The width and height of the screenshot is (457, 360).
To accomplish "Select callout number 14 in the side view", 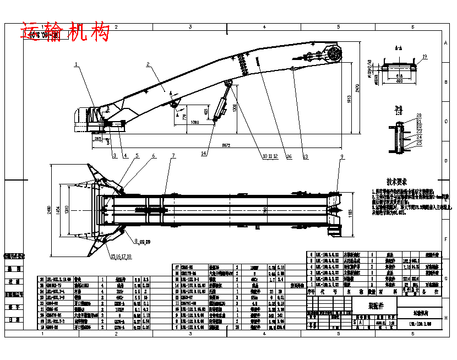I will click(204, 153).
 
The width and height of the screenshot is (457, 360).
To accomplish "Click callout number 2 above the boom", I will click(148, 65).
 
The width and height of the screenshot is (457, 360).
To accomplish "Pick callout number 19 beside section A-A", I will click(425, 57).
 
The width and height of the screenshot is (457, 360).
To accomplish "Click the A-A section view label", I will click(398, 49).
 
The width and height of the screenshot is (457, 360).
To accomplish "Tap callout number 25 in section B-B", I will click(419, 143).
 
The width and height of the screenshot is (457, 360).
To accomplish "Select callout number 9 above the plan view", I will click(341, 157).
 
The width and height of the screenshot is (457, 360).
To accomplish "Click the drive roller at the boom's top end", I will click(334, 54).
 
